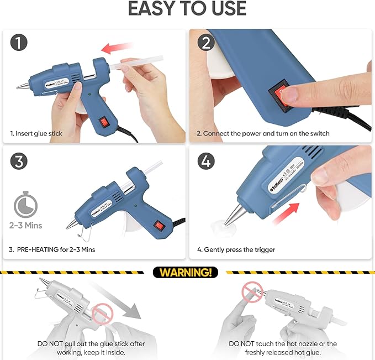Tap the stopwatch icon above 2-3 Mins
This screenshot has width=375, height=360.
(x=24, y=205)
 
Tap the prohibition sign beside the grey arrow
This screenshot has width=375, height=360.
(x=102, y=314)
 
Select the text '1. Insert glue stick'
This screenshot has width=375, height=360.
(x=36, y=133)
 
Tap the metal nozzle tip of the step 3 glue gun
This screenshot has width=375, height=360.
(x=70, y=226)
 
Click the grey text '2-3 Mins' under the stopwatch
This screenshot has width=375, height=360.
(x=25, y=225)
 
